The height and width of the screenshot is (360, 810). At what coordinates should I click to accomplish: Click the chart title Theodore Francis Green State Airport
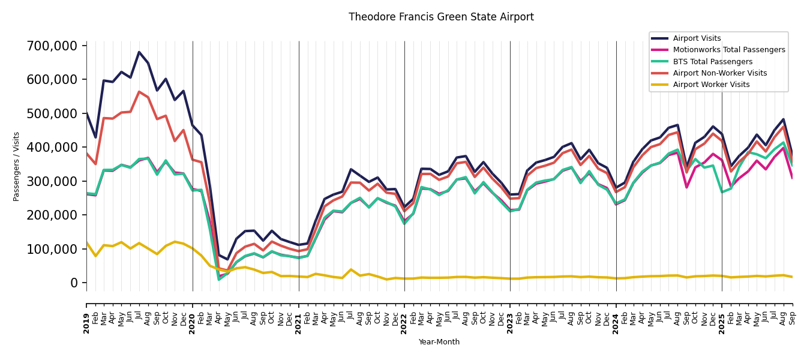(441, 17)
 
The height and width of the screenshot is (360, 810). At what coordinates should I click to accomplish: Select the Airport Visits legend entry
(697, 38)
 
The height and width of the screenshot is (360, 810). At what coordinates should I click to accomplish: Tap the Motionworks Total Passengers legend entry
(728, 50)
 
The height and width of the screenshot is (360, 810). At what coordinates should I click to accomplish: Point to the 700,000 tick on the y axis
(52, 46)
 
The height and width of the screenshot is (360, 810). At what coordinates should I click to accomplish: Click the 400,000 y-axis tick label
(52, 147)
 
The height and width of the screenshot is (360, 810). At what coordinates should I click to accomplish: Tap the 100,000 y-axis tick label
(52, 249)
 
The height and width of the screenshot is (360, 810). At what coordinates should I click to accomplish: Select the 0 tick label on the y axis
(74, 283)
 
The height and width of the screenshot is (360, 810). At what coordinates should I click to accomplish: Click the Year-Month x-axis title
(439, 342)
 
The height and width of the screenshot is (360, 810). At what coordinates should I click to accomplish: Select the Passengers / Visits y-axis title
(17, 166)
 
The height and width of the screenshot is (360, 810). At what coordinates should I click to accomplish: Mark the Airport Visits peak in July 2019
(139, 52)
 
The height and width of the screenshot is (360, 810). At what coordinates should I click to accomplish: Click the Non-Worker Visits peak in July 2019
(139, 92)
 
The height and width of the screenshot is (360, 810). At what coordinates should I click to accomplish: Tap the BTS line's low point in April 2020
(218, 279)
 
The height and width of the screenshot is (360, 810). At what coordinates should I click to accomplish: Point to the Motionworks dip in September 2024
(687, 187)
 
